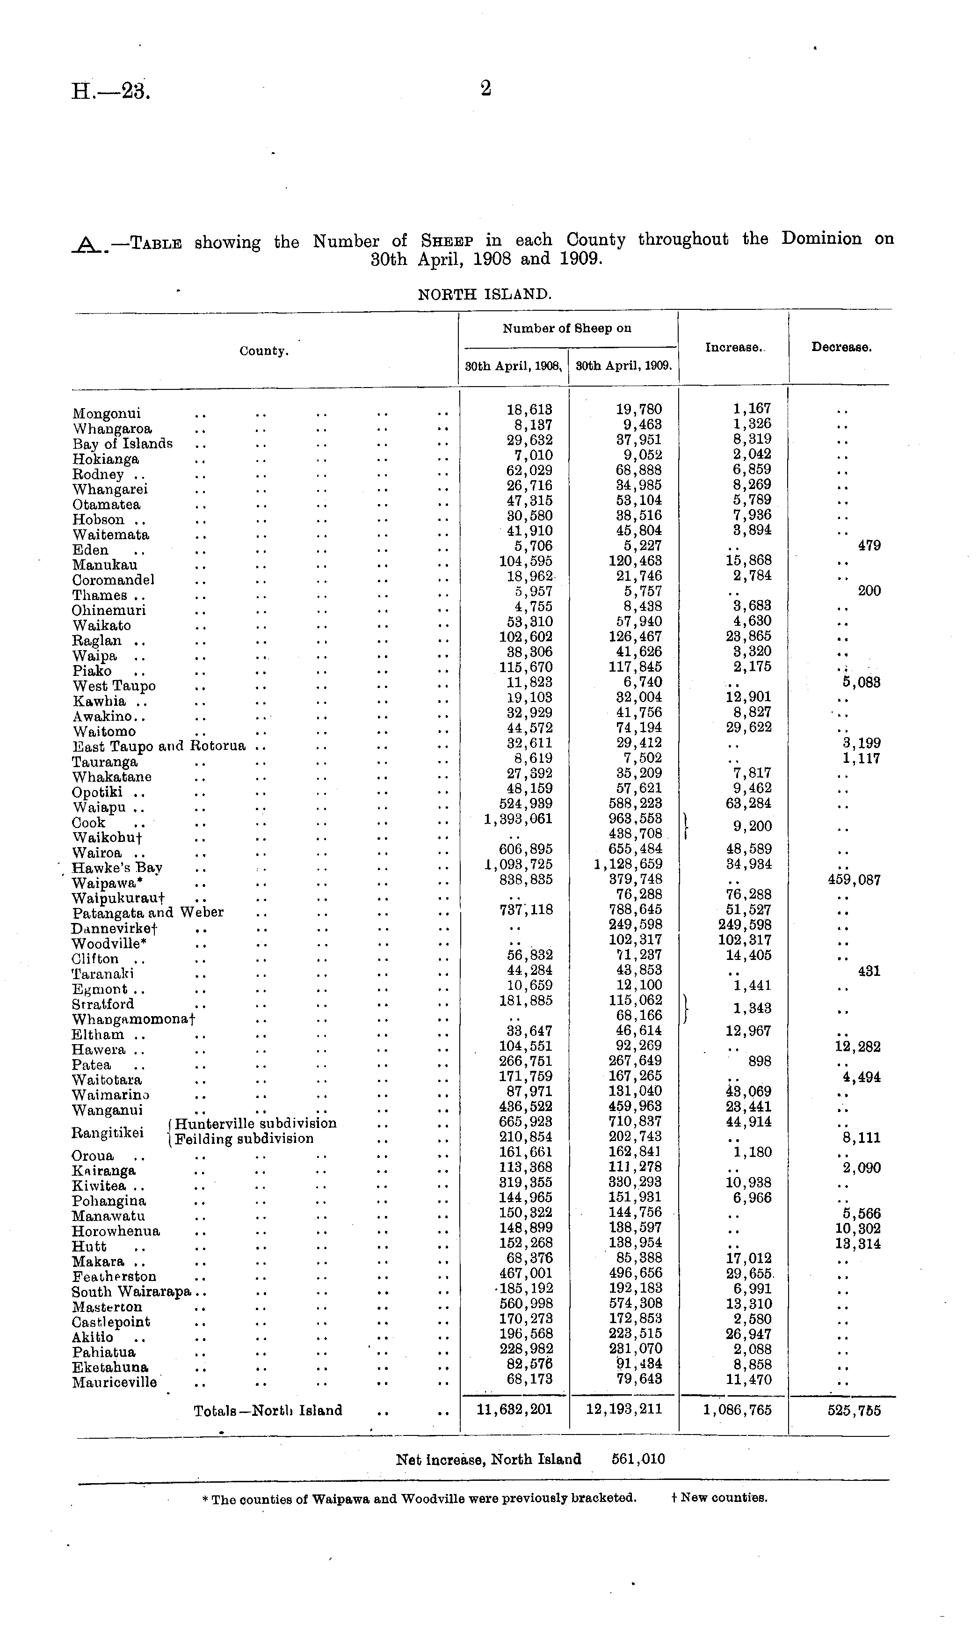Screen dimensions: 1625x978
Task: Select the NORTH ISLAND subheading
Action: [x=485, y=294]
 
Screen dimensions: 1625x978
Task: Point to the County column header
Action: [x=264, y=351]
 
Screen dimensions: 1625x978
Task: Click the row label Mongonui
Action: [x=107, y=414]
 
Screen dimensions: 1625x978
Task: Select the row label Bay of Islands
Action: [x=123, y=444]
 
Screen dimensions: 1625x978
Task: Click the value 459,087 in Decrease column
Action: [x=854, y=880]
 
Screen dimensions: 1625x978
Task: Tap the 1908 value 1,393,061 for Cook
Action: [x=518, y=819]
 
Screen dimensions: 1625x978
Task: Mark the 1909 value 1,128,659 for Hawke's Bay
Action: [x=628, y=864]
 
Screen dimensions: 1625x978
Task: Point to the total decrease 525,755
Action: [x=854, y=1410]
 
